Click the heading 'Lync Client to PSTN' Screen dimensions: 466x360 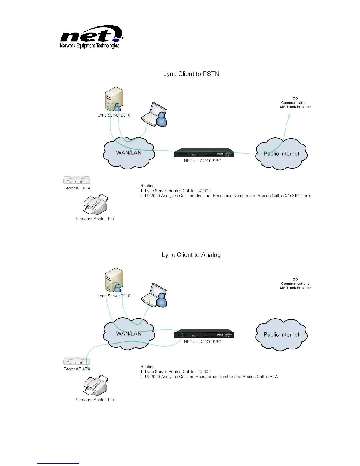[191, 74]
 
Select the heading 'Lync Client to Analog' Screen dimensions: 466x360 [191, 255]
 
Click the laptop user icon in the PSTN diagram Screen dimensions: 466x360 [154, 114]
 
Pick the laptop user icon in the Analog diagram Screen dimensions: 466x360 [154, 295]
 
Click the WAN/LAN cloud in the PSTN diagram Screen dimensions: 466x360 [129, 153]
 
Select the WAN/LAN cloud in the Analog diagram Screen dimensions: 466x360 [129, 334]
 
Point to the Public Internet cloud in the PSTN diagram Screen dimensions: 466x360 [281, 154]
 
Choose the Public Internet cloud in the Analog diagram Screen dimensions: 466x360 [281, 335]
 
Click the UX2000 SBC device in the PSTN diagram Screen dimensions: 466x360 [204, 153]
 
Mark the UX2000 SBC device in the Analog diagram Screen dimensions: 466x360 [204, 334]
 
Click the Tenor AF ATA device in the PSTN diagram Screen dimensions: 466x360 [76, 180]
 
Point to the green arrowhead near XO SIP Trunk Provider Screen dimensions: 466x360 [289, 116]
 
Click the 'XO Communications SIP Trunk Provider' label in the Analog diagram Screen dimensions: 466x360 [295, 284]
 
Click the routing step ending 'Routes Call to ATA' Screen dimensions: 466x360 [209, 377]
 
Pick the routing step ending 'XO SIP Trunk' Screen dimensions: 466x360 [225, 196]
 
